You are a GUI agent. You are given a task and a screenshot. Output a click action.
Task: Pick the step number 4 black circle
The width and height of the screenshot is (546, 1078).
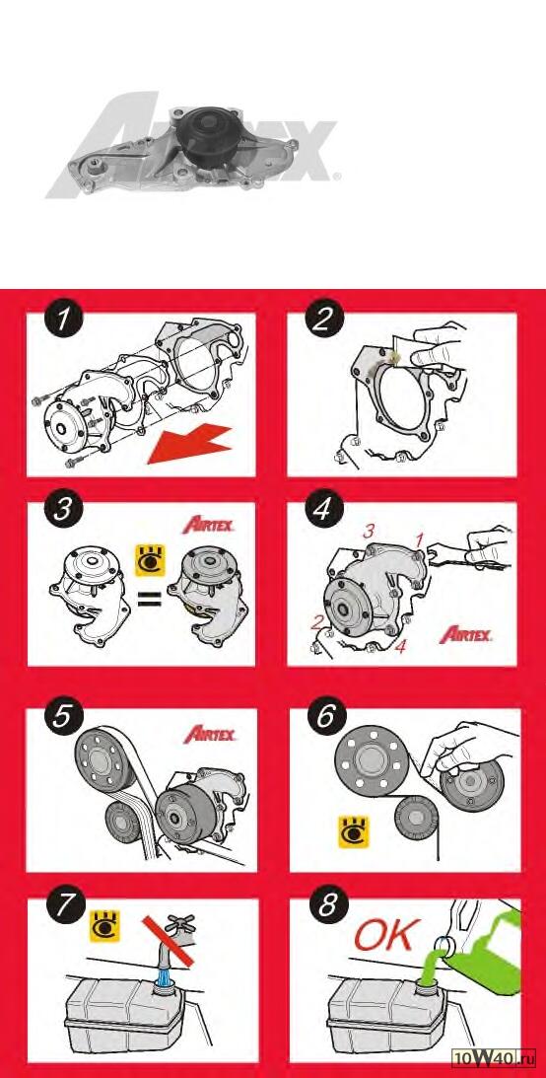[x=321, y=512]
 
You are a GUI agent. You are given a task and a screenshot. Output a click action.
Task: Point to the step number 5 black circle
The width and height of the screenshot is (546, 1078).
[x=62, y=717]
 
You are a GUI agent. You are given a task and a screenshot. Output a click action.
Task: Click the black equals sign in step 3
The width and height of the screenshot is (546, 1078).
[x=149, y=601]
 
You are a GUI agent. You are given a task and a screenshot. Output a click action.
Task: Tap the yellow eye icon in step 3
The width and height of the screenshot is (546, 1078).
[x=148, y=560]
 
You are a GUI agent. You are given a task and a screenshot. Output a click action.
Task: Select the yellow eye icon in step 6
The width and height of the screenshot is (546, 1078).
[x=353, y=831]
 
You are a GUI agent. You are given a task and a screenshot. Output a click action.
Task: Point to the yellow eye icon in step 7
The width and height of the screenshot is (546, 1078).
[x=105, y=925]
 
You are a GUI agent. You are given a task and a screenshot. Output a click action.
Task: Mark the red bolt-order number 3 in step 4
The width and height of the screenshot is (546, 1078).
[x=369, y=531]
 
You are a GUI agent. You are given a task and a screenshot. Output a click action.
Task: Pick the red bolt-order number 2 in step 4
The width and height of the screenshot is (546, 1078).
[x=317, y=623]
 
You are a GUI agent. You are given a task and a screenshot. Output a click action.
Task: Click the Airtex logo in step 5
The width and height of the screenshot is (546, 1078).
[x=210, y=734]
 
